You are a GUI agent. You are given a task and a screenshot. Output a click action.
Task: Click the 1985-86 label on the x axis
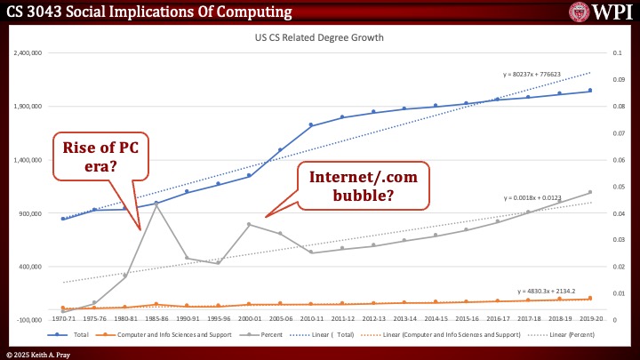click(156, 318)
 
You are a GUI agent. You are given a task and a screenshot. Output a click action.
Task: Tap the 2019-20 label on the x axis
click(589, 318)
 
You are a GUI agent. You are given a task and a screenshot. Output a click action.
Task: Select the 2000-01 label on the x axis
click(250, 318)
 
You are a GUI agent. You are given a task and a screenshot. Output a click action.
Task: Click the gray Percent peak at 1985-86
click(156, 204)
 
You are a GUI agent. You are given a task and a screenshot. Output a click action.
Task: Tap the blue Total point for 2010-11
click(311, 125)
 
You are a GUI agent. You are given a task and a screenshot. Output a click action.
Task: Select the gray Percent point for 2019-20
click(589, 192)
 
